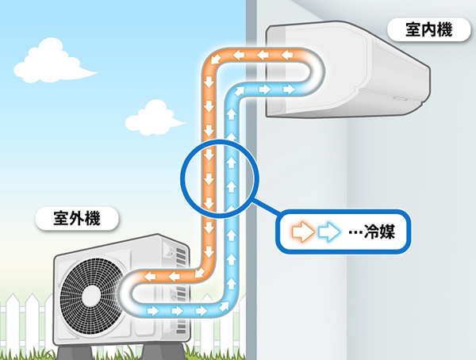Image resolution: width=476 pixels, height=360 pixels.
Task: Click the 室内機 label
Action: pos(429,30)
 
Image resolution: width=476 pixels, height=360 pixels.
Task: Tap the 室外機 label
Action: pos(77,218)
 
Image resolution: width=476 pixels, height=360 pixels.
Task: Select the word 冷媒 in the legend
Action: pos(379,232)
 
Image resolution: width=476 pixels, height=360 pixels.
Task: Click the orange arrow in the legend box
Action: pos(303,232)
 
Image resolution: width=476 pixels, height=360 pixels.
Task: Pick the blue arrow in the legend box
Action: pos(328,232)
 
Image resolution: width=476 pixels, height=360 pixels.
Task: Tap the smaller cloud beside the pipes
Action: pos(153,118)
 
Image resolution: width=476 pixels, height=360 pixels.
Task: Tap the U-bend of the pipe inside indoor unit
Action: pos(317,72)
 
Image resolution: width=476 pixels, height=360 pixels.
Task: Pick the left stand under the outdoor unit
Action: pos(74,352)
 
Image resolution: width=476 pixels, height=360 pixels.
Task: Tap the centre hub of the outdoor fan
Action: pos(92,296)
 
